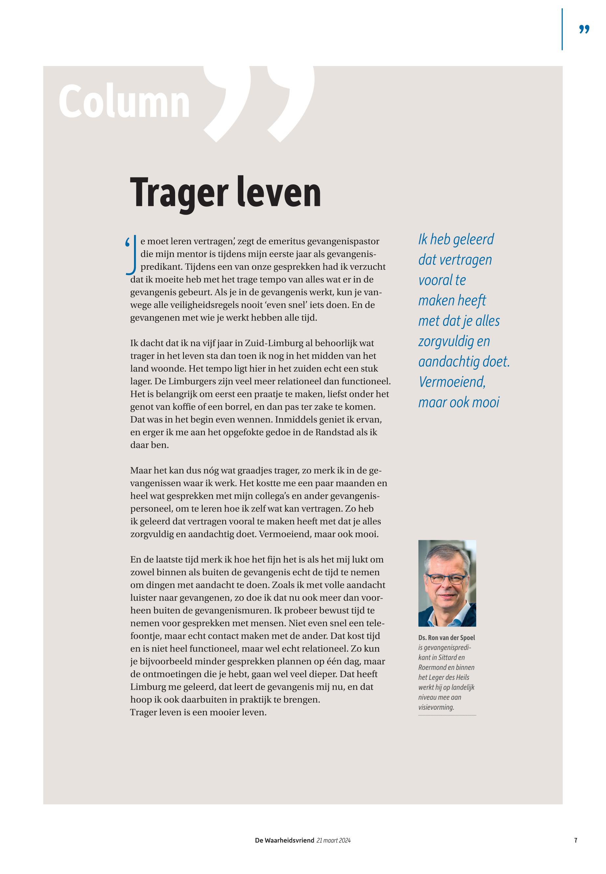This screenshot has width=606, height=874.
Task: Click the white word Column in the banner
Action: click(124, 102)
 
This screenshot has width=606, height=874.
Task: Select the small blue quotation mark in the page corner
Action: click(584, 29)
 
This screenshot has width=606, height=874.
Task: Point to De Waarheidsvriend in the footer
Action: click(284, 840)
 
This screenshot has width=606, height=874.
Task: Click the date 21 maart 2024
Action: click(333, 840)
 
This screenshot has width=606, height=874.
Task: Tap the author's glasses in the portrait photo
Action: click(446, 579)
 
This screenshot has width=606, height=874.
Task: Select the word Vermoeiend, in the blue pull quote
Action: click(452, 382)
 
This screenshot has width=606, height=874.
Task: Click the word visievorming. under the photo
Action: click(436, 707)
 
